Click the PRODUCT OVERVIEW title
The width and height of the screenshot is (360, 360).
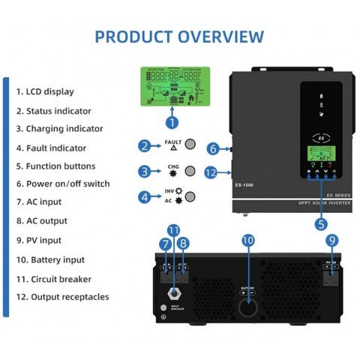pos(179,36)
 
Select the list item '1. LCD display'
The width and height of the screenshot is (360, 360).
pos(45,91)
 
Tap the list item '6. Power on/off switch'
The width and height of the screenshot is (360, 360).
pos(63,184)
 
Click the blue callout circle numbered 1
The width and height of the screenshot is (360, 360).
pos(172,121)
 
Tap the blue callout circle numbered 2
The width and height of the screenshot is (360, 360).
pos(145,145)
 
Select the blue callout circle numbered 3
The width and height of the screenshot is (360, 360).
pos(145,171)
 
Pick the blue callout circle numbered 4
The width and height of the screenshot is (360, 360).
pos(145,197)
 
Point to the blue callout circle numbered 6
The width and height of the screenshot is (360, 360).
pos(213,148)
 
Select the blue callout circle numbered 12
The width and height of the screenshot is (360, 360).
pos(213,172)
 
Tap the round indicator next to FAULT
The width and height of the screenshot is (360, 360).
pos(192,145)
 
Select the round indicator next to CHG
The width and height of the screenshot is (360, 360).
pos(192,171)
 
